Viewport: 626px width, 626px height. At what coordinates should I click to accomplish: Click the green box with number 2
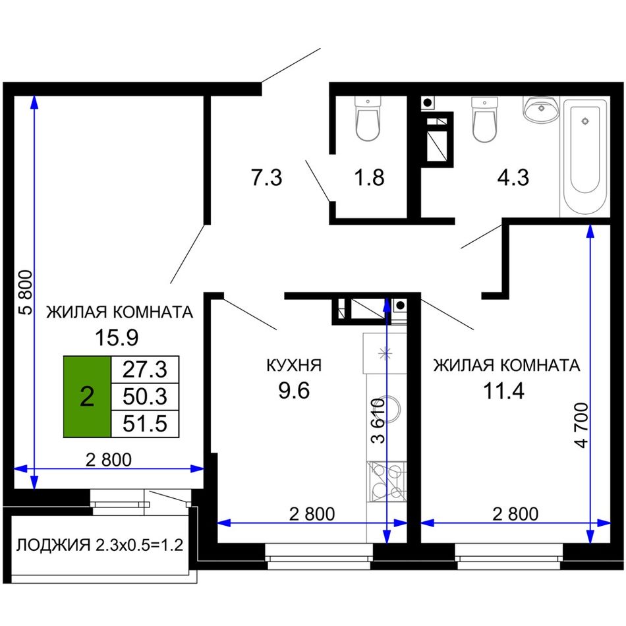click(87, 397)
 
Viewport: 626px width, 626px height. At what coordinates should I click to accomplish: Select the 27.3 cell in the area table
click(144, 370)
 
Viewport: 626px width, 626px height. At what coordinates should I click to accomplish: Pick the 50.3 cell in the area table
click(144, 397)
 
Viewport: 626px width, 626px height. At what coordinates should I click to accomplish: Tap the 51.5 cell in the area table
click(144, 424)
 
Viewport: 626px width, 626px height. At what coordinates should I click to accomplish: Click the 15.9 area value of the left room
click(117, 337)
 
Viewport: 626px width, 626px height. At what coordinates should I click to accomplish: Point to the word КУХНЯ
click(294, 365)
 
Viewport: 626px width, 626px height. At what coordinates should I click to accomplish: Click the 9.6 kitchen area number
click(294, 390)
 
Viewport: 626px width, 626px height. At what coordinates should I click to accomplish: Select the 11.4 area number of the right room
click(503, 391)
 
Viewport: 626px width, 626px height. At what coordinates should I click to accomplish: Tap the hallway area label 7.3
click(266, 177)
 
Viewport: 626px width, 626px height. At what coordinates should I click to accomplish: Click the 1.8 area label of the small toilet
click(369, 177)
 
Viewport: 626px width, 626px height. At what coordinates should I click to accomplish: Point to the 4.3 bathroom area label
click(513, 177)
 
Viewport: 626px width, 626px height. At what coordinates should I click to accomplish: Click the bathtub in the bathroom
click(585, 157)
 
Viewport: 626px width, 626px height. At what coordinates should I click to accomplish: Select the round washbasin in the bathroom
click(541, 109)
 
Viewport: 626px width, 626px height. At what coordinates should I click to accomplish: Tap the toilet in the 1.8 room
click(368, 119)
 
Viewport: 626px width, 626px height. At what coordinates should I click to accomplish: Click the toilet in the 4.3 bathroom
click(484, 119)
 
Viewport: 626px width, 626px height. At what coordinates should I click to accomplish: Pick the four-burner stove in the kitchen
click(386, 482)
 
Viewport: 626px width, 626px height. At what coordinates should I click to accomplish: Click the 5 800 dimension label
click(26, 293)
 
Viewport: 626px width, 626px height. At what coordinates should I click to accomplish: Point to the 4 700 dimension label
click(582, 425)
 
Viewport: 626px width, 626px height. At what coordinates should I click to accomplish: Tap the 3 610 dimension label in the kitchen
click(378, 420)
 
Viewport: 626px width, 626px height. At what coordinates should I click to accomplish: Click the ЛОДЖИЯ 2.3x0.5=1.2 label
click(100, 544)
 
